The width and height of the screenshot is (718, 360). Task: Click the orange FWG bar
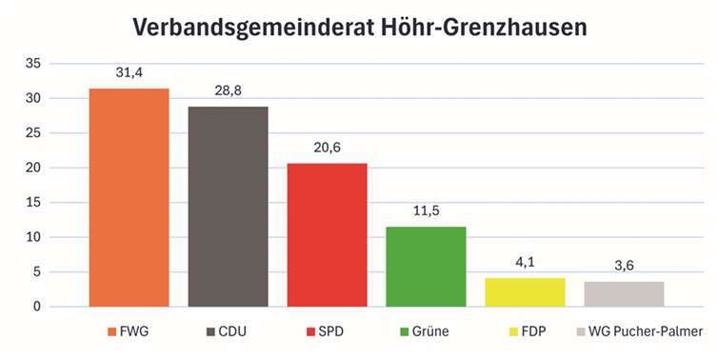click(x=129, y=197)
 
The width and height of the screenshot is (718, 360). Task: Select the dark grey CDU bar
click(x=228, y=207)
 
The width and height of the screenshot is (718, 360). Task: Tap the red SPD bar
click(x=327, y=234)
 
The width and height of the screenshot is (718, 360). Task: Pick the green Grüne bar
click(x=426, y=267)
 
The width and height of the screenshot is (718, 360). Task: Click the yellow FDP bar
click(x=525, y=291)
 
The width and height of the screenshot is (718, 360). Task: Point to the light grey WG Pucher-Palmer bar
click(x=624, y=293)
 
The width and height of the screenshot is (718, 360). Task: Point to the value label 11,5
click(x=426, y=213)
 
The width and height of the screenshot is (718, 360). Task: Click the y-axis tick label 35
click(x=33, y=64)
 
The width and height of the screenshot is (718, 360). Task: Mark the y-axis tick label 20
click(x=33, y=168)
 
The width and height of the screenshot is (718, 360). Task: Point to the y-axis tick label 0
click(x=37, y=307)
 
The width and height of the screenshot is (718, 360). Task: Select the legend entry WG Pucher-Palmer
click(x=646, y=332)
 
